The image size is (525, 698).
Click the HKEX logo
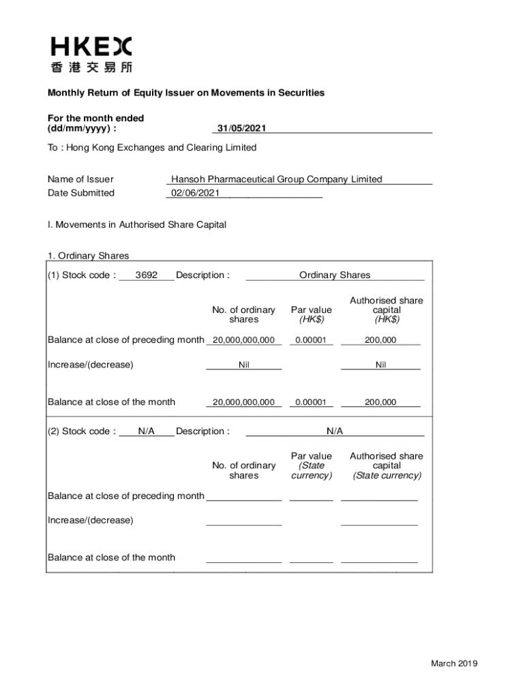(91, 55)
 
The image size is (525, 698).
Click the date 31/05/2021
(241, 128)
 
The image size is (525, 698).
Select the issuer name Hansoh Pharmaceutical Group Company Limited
(277, 179)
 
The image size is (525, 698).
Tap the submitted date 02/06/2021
(196, 193)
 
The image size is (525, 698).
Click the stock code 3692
(147, 275)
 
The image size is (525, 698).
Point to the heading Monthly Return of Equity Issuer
(185, 93)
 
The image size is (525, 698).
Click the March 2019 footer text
(454, 664)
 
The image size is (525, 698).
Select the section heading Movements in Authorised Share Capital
(137, 224)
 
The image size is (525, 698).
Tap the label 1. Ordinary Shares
(88, 256)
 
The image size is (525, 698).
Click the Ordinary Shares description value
(335, 275)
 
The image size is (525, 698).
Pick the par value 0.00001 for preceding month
(311, 340)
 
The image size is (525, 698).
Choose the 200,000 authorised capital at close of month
(380, 402)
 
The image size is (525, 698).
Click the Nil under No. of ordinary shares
(243, 365)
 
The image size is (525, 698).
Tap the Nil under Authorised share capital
(380, 365)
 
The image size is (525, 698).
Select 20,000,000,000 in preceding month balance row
(243, 340)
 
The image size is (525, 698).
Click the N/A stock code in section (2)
(147, 431)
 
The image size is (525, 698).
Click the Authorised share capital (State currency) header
(387, 466)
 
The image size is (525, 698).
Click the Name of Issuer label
(80, 179)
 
